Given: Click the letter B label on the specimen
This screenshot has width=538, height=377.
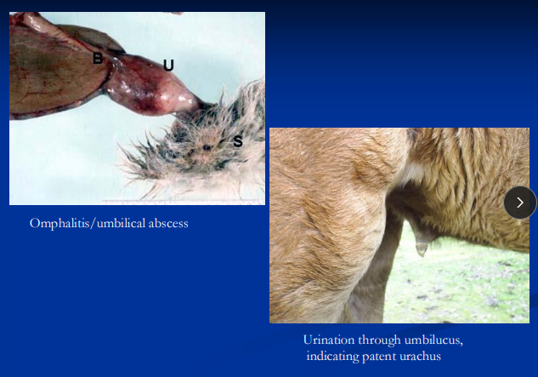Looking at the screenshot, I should tap(98, 58).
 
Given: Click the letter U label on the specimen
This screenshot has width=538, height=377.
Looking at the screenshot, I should tap(168, 65).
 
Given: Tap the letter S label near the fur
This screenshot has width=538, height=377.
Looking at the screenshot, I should tap(237, 141).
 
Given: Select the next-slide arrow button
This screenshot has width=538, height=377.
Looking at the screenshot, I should tap(519, 203).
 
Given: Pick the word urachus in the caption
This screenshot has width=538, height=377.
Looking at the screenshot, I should tap(423, 356).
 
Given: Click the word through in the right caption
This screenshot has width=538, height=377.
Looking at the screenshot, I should tap(380, 340).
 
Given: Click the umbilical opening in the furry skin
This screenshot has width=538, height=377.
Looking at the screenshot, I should tap(207, 146).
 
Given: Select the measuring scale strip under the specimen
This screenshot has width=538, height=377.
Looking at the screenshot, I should tap(136, 201).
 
